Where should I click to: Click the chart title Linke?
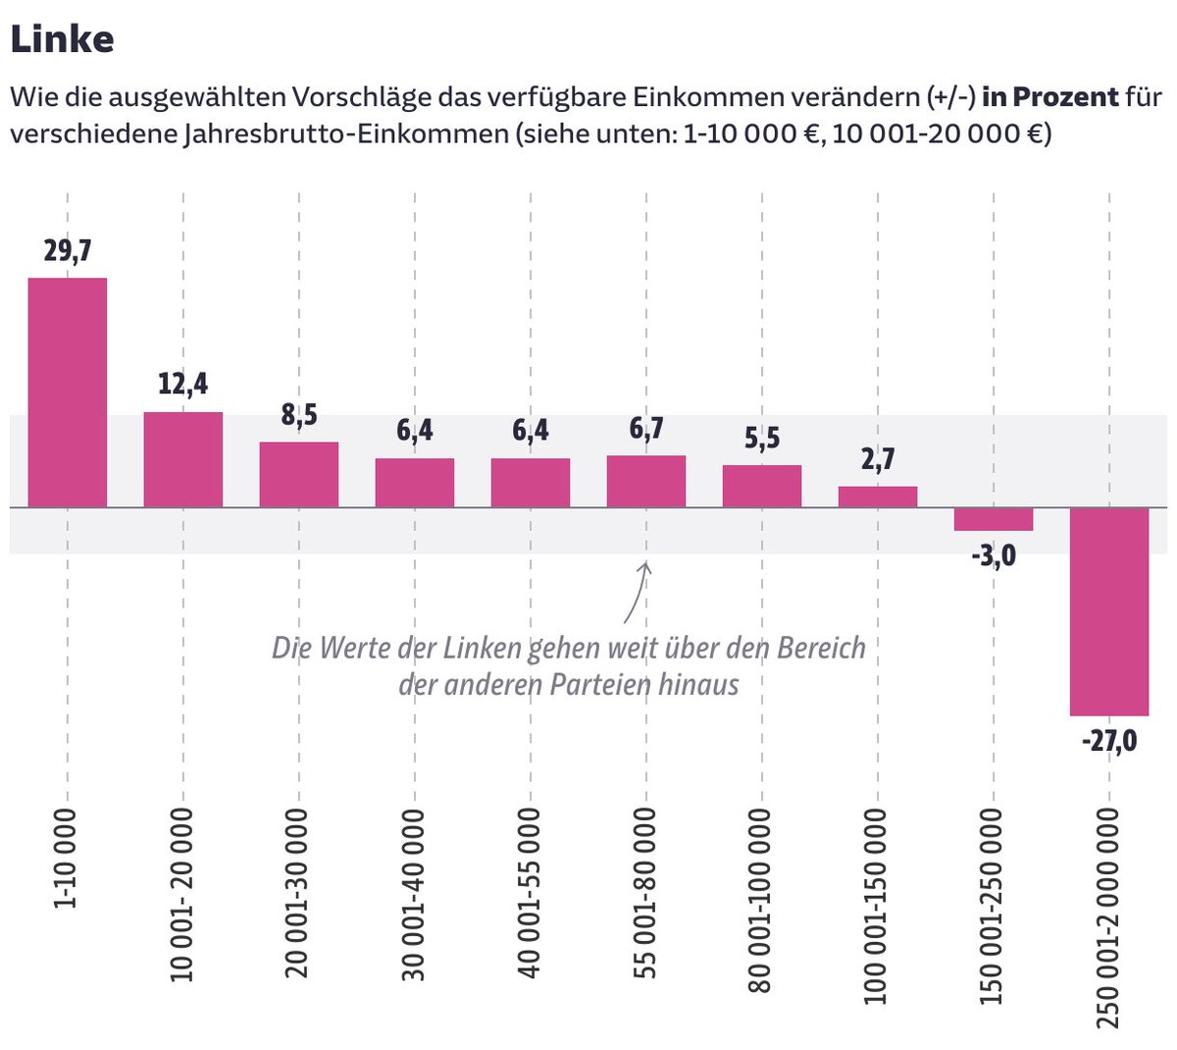61,39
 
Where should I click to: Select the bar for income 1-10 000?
67,393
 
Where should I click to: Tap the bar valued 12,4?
183,459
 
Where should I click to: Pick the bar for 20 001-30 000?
299,475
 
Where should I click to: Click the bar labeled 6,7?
646,481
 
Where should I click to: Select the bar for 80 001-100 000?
762,486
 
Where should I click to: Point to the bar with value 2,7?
878,497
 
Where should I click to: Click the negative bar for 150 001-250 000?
994,519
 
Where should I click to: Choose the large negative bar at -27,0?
1109,611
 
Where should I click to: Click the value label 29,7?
67,251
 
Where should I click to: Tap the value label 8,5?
299,415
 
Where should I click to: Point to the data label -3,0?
994,557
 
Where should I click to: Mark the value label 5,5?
762,438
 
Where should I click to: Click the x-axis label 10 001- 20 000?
183,895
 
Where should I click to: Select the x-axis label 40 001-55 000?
531,893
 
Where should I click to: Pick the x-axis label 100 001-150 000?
878,906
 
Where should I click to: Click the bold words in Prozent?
1050,97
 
